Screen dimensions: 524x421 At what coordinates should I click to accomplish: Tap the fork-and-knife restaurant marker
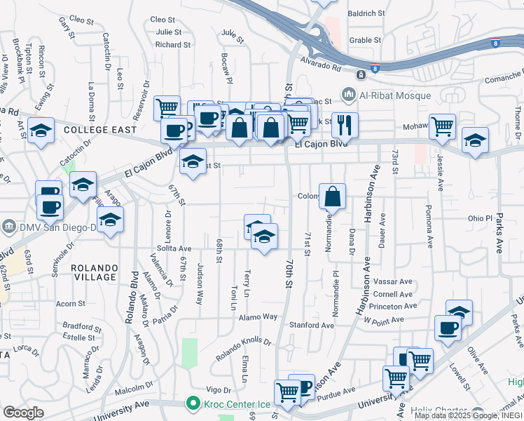(345, 126)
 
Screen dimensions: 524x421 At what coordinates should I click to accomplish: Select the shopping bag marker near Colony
(333, 196)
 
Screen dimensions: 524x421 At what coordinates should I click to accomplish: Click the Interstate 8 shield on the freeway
(375, 69)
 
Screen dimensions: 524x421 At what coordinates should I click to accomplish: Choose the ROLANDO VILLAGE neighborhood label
(94, 272)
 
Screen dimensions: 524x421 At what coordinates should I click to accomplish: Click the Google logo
(23, 412)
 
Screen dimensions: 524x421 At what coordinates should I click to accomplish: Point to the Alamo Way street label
(261, 317)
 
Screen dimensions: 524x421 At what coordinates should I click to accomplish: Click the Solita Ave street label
(174, 248)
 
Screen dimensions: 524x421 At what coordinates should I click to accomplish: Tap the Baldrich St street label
(366, 13)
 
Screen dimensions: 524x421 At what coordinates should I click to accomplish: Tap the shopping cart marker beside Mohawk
(442, 127)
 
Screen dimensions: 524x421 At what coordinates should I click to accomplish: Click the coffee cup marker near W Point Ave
(448, 328)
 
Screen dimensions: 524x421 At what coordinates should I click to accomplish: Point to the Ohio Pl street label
(481, 218)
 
